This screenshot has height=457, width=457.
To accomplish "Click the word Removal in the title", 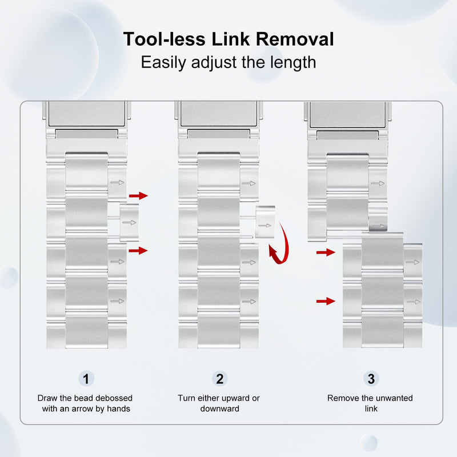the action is (x=295, y=39).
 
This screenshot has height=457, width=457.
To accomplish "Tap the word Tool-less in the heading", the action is (x=164, y=39).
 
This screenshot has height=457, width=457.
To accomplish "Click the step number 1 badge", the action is (x=86, y=379).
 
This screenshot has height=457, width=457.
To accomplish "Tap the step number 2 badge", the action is (x=220, y=379).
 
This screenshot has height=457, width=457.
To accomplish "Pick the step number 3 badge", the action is (x=371, y=379).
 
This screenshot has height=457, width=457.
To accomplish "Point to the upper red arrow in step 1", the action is (x=138, y=195).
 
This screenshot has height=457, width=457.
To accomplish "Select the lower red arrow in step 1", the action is (x=138, y=250).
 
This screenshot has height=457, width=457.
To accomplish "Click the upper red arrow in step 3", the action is (x=326, y=252).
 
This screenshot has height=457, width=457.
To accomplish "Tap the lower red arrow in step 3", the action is (x=326, y=301).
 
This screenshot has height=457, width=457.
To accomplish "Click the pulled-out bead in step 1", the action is (x=129, y=222).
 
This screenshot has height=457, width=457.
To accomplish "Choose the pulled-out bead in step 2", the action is (x=265, y=222).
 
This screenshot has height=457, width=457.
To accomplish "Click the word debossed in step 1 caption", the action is (x=114, y=398).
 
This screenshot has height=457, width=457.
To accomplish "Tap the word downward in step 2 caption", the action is (x=220, y=408).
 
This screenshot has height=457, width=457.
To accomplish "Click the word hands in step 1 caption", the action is (x=119, y=408).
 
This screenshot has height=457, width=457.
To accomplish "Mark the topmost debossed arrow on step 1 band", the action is (x=117, y=183).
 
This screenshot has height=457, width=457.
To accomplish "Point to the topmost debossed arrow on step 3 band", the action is (x=378, y=183).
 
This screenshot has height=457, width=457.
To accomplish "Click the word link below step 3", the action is (x=371, y=408).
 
